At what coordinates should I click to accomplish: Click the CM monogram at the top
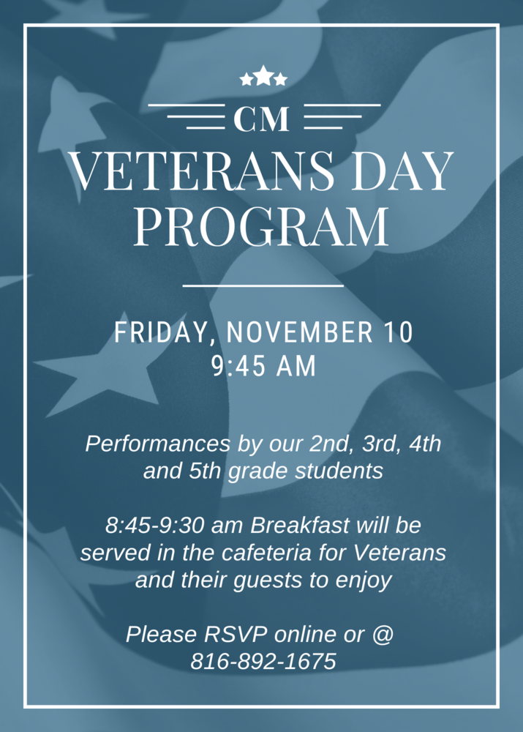click(x=263, y=119)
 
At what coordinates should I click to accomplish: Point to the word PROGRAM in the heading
click(x=261, y=225)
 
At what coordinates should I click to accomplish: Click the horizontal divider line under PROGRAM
click(x=263, y=285)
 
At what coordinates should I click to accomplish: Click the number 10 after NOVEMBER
click(x=399, y=333)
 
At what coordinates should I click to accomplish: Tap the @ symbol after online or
click(x=383, y=635)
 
